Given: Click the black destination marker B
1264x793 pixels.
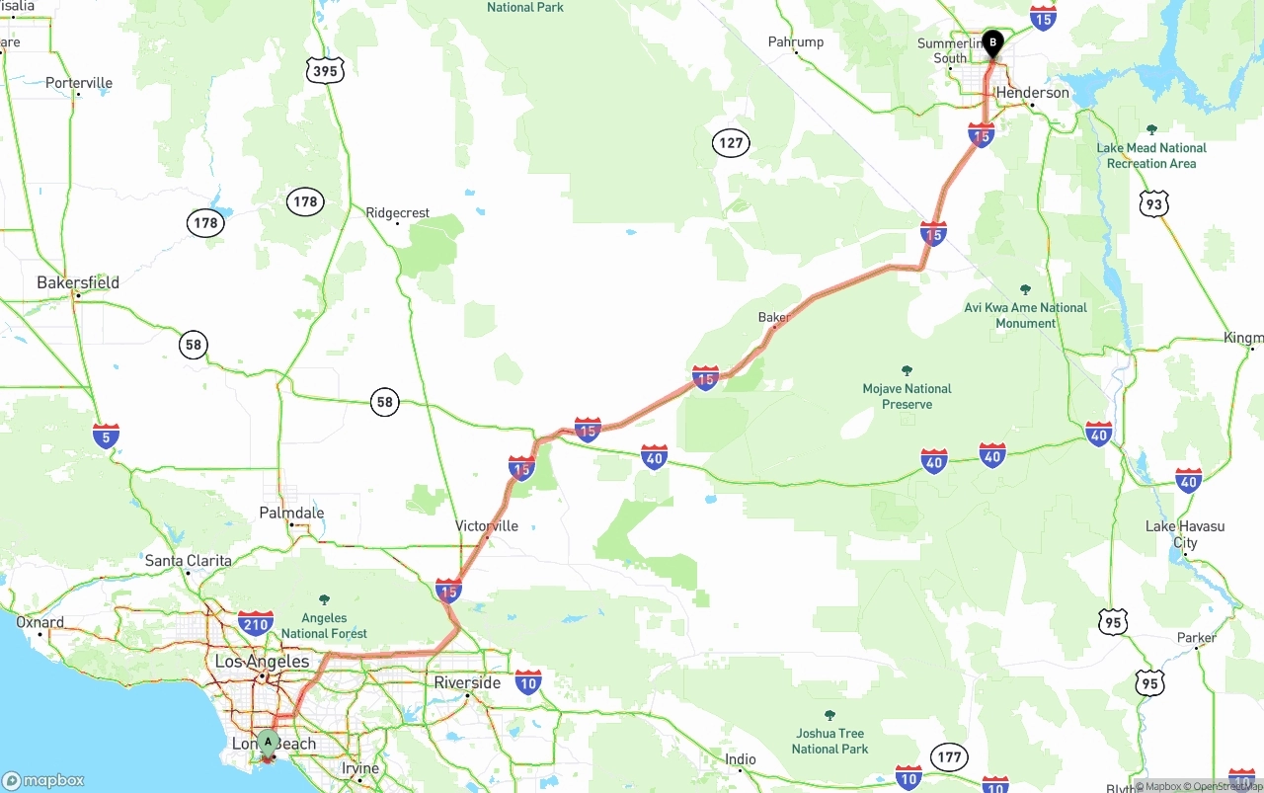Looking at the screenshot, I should pyautogui.click(x=992, y=43).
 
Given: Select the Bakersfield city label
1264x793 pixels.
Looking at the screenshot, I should pyautogui.click(x=78, y=282).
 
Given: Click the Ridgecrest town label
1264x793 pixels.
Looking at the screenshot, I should pyautogui.click(x=398, y=212).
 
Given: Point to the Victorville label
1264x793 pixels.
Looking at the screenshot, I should pyautogui.click(x=487, y=526).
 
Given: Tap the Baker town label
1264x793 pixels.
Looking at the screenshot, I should pyautogui.click(x=773, y=317).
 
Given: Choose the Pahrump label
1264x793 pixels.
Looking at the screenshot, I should pyautogui.click(x=796, y=41).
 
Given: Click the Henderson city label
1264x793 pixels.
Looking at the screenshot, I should pyautogui.click(x=1032, y=93).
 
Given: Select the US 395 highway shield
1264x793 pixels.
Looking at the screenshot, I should pyautogui.click(x=324, y=70).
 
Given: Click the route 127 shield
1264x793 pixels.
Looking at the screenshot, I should pyautogui.click(x=731, y=143).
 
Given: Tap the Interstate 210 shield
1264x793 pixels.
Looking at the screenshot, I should pyautogui.click(x=255, y=622).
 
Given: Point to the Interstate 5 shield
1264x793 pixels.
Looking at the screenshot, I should pyautogui.click(x=106, y=436).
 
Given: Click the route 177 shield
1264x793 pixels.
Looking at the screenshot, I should pyautogui.click(x=949, y=757).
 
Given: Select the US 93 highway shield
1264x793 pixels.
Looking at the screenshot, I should pyautogui.click(x=1153, y=204).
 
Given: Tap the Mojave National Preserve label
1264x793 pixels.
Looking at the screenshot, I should pyautogui.click(x=907, y=396).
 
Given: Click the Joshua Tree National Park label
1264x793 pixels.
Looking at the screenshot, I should pyautogui.click(x=829, y=741).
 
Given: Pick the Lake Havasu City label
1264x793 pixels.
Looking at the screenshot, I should pyautogui.click(x=1185, y=534).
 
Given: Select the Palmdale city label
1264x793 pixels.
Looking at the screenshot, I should pyautogui.click(x=291, y=513).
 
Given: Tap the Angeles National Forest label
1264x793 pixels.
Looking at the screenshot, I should pyautogui.click(x=324, y=626).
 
